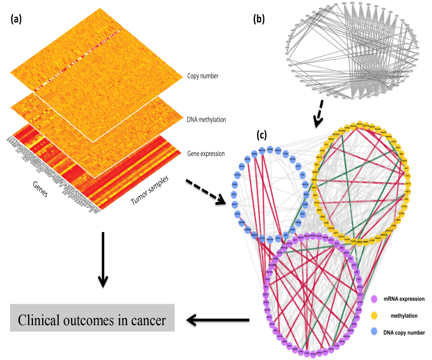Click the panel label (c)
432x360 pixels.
pyautogui.click(x=262, y=136)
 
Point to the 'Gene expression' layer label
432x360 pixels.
pyautogui.click(x=205, y=153)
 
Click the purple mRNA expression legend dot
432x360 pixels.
pyautogui.click(x=374, y=299)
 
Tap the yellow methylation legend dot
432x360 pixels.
pyautogui.click(x=374, y=315)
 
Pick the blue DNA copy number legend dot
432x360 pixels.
pyautogui.click(x=374, y=332)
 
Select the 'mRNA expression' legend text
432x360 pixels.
pyautogui.click(x=404, y=299)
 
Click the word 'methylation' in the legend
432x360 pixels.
pyautogui.click(x=405, y=316)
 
